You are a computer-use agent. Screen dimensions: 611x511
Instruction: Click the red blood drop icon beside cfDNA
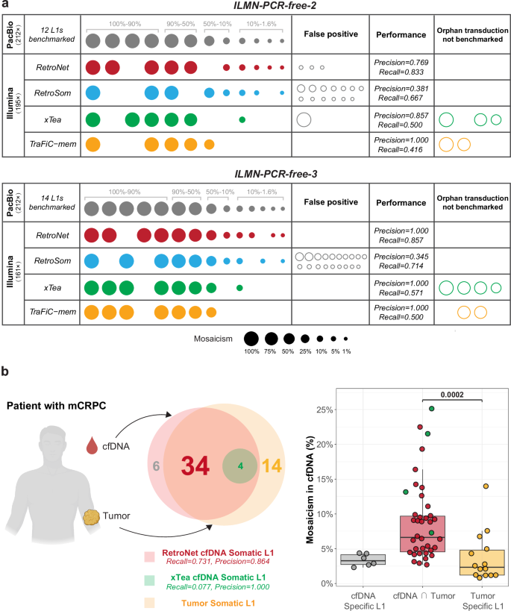point(92,446)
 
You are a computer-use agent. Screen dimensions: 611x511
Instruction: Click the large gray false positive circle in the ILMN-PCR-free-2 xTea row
point(304,119)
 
